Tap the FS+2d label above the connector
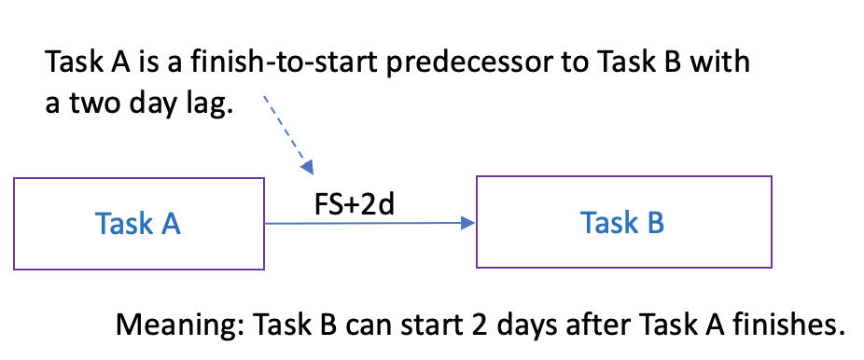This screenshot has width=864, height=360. (355, 205)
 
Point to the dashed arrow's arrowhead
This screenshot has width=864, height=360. (307, 167)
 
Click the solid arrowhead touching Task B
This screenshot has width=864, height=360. (467, 222)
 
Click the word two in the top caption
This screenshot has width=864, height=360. (92, 104)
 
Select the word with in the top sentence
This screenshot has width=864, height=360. (720, 62)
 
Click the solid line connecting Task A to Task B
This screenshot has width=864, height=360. (369, 223)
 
